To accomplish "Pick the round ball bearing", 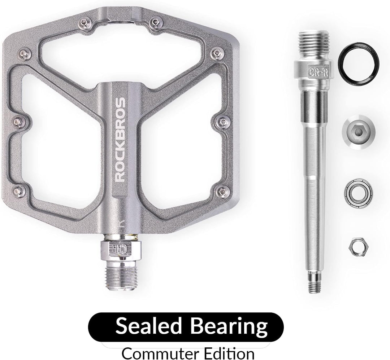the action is tap(359, 192).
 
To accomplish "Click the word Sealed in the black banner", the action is tap(148, 326).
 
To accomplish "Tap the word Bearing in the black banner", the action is tap(229, 327).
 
